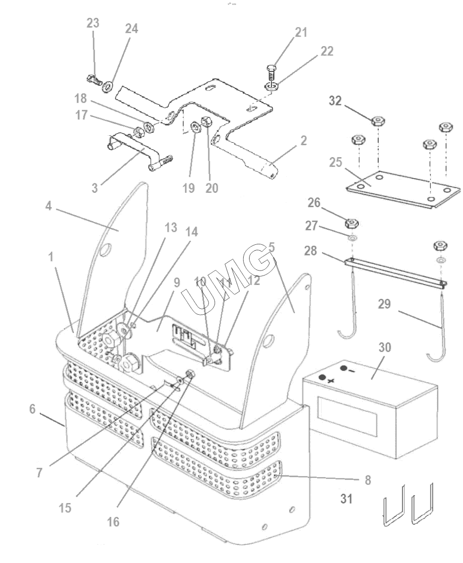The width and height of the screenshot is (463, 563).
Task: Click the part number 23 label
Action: (93, 23)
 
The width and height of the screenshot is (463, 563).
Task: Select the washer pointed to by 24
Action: (108, 87)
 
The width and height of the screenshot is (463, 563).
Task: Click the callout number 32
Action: (335, 101)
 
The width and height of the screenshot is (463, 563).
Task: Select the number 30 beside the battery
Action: (385, 347)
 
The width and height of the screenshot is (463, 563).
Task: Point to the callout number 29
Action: (384, 304)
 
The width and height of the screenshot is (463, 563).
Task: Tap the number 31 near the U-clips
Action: (346, 499)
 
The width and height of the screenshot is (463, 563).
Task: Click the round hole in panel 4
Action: (105, 250)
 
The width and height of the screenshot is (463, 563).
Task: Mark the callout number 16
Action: (114, 522)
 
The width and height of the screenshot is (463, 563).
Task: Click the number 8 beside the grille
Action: (368, 480)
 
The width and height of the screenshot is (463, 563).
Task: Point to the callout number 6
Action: (32, 408)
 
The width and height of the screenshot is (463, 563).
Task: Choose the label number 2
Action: (304, 140)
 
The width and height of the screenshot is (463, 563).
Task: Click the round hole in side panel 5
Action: (268, 342)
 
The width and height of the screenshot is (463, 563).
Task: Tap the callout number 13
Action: (171, 227)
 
